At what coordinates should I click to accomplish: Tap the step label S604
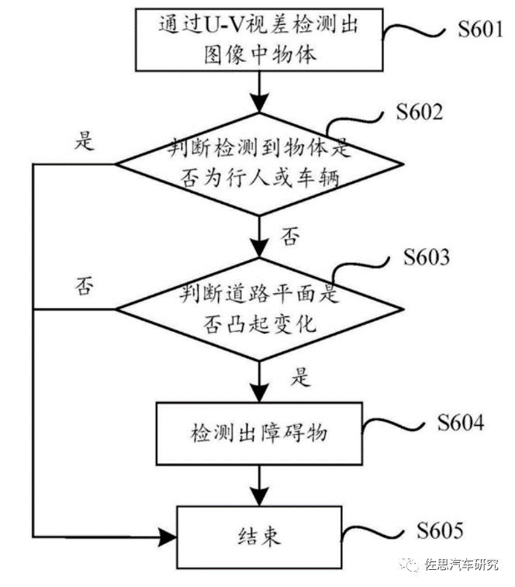tap(460, 423)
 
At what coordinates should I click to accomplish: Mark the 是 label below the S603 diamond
tap(299, 378)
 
